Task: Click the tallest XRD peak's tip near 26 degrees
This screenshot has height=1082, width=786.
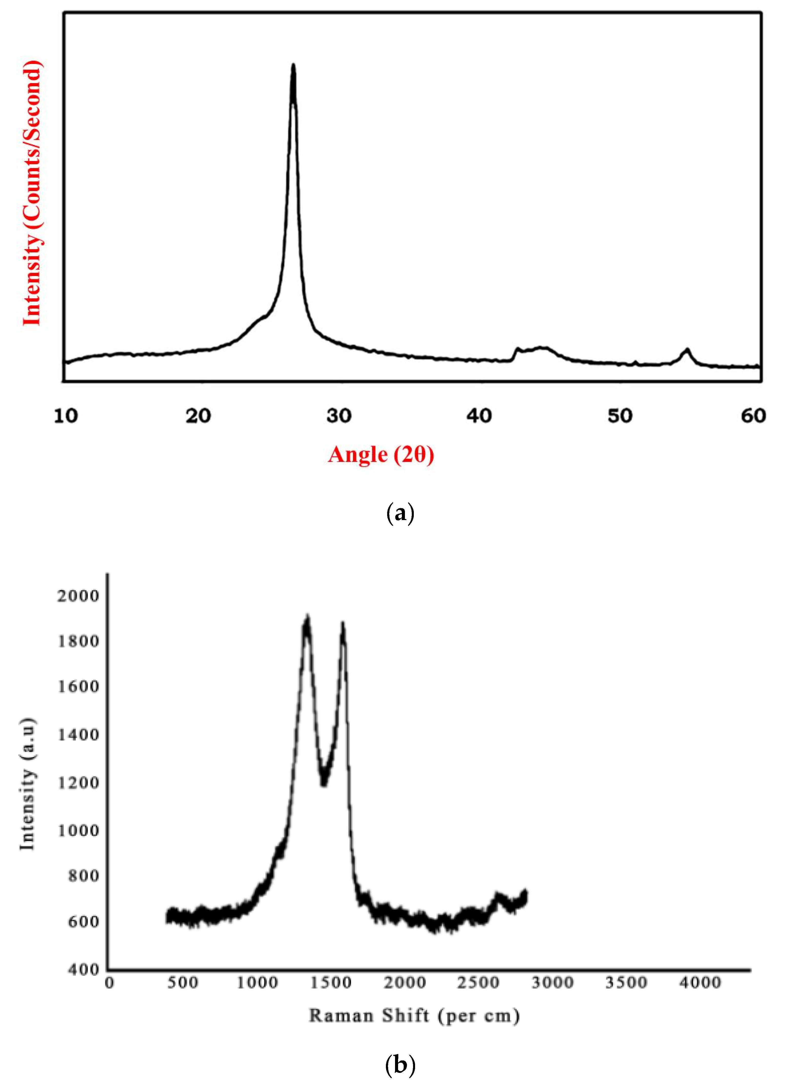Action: (293, 65)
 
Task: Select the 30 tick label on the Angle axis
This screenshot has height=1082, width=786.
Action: (339, 416)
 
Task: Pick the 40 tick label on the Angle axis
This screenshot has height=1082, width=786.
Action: (479, 416)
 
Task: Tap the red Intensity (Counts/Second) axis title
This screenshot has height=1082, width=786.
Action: (32, 193)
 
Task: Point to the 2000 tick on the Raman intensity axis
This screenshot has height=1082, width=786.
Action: (78, 595)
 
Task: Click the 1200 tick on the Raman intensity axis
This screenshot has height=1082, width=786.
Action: (78, 782)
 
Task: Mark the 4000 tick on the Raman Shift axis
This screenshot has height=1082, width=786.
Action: (700, 983)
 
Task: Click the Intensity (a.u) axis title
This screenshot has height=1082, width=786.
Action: (28, 782)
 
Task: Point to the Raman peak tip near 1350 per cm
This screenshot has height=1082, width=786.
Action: (307, 618)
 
